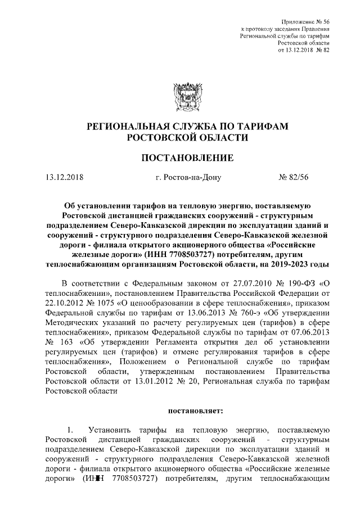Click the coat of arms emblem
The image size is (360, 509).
pyautogui.click(x=182, y=97)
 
